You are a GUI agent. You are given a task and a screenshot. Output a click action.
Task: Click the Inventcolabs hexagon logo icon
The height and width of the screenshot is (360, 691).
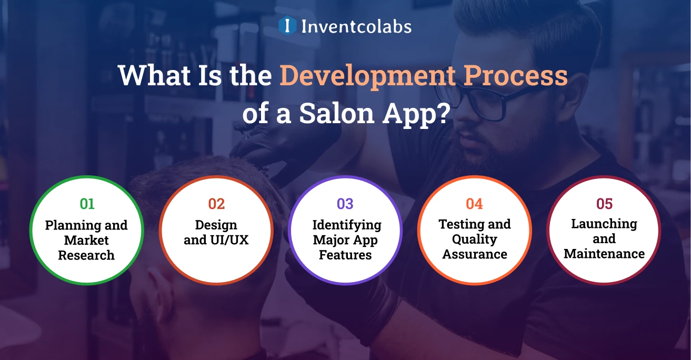287,25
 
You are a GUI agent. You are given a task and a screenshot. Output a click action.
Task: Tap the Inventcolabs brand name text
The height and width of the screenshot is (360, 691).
356,26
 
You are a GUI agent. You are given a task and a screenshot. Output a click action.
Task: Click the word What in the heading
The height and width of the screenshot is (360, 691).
151,77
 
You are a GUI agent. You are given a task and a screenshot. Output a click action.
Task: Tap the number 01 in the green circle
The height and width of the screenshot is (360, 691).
87,204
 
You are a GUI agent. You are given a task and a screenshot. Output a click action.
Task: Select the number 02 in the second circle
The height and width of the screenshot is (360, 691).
216,204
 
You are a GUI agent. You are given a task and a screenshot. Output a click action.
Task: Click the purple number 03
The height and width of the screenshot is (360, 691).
345,204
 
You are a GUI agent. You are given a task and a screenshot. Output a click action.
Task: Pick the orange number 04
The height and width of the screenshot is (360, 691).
474,204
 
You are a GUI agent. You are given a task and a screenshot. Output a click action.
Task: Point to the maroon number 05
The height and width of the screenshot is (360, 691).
604,204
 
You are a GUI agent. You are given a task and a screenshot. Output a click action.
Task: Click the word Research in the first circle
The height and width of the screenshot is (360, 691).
86,255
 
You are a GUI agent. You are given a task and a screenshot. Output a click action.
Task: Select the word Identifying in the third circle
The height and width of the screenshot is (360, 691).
346,225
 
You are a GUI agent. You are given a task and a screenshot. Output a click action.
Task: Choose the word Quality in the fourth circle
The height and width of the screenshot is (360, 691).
474,239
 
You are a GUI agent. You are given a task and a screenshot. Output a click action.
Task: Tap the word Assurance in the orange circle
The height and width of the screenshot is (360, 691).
475,255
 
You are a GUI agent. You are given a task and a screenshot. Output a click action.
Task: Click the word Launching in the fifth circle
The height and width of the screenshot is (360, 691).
604,224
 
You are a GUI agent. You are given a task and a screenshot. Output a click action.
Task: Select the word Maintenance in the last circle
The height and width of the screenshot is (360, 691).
604,254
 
